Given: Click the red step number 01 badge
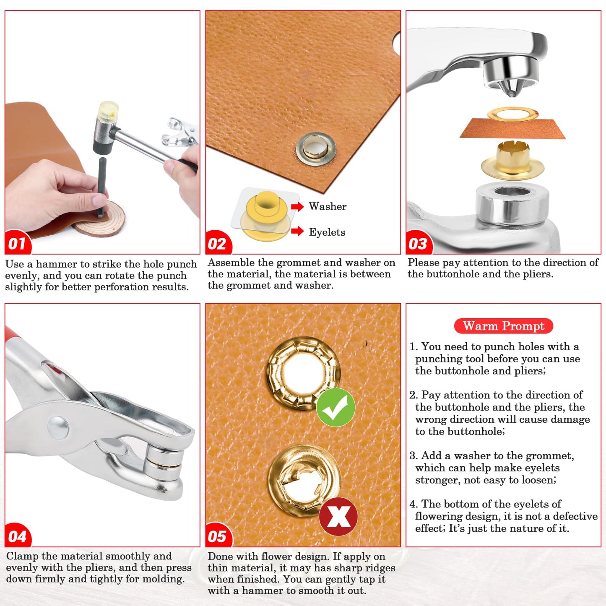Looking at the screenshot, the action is click(18, 243).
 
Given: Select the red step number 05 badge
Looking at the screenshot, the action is click(218, 536).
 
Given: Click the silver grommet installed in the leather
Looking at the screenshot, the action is click(316, 149).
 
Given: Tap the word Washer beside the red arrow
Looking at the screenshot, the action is click(328, 206).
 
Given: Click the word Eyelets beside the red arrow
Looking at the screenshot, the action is click(327, 232).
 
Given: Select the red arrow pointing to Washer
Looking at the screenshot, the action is click(297, 206).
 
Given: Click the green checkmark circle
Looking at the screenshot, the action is click(336, 407).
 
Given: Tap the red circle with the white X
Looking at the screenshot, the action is click(338, 516).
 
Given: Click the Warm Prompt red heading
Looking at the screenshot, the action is click(504, 326).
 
